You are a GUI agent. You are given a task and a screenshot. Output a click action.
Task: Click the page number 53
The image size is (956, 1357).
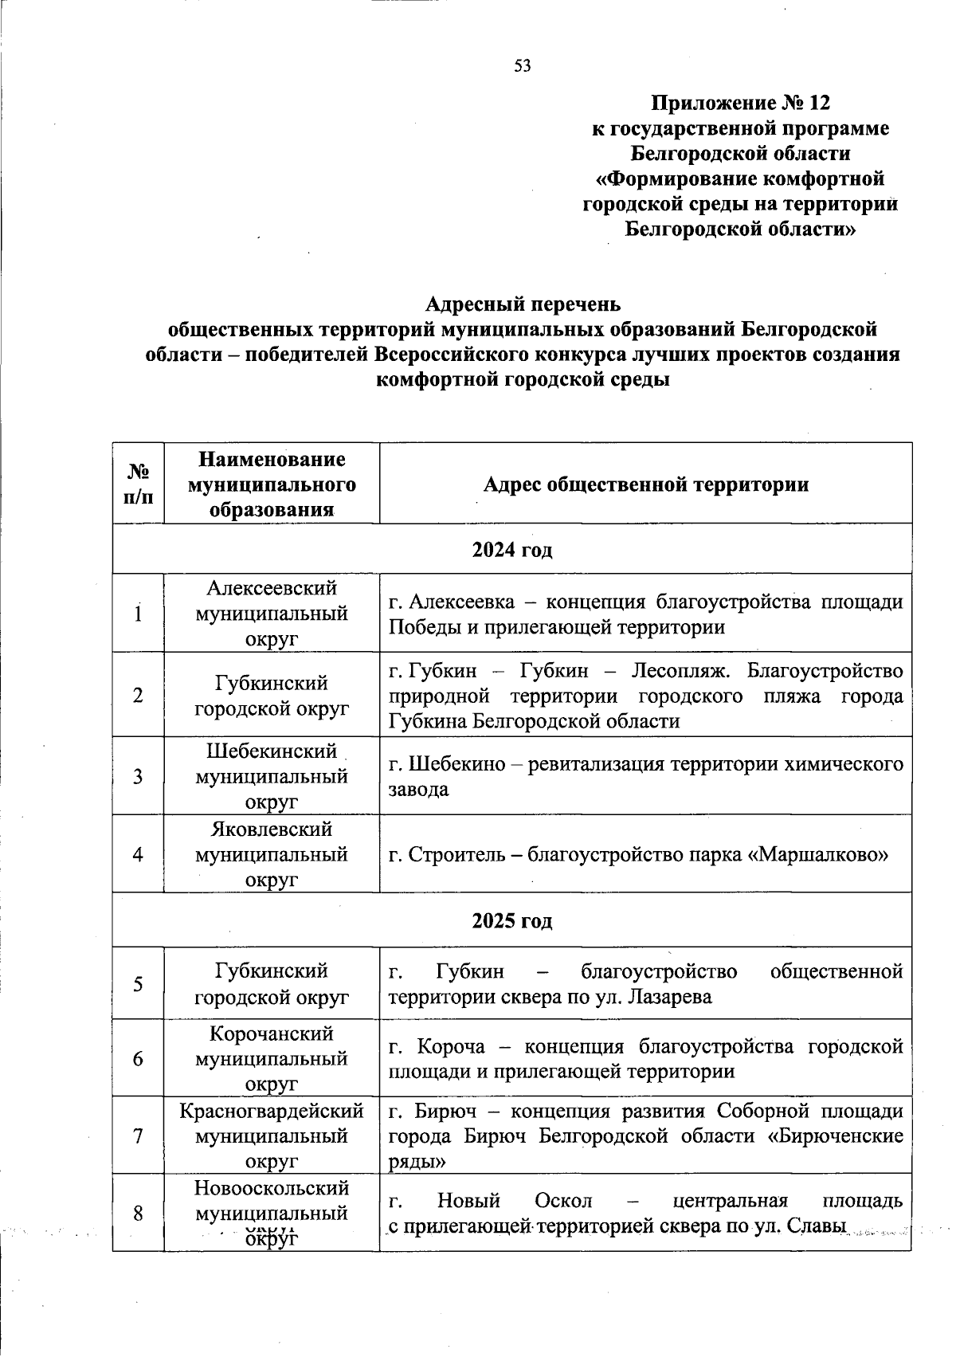pos(523,66)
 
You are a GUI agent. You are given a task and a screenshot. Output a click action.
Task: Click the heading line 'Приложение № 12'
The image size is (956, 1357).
pos(740,103)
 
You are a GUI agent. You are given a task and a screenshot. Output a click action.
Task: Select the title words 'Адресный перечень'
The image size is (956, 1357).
pos(522,304)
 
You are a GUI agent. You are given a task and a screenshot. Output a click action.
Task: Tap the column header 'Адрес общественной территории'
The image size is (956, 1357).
pos(645,484)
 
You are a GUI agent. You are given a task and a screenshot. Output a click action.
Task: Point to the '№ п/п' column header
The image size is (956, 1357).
pos(138,484)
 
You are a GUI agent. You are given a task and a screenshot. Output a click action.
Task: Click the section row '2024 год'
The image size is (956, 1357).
pos(512,549)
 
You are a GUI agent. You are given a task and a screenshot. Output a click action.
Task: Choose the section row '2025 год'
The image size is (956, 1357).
pos(512,920)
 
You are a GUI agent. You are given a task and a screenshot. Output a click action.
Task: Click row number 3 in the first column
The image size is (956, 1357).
pos(138,775)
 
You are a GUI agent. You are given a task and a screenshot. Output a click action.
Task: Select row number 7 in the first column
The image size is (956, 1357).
pos(138,1135)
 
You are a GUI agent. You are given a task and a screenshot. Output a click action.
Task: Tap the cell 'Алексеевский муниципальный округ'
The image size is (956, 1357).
pos(272,614)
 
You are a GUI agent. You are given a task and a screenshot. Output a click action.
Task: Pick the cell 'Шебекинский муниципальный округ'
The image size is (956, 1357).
pos(272,775)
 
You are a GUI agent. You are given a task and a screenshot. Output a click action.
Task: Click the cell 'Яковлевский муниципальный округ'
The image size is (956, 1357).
pos(272,854)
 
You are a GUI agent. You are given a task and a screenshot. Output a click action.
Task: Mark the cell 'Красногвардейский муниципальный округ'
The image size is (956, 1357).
pos(272,1135)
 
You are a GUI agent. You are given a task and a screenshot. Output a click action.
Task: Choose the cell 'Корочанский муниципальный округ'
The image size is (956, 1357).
pos(272,1058)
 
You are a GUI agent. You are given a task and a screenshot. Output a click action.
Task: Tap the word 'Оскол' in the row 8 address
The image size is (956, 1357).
pos(564,1200)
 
